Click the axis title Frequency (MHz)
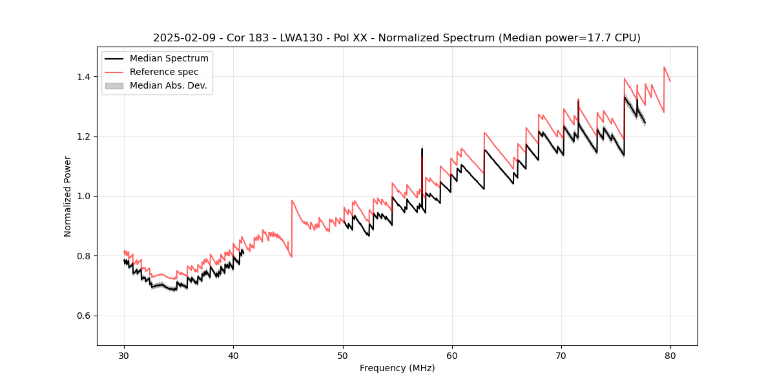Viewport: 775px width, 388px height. click(397, 368)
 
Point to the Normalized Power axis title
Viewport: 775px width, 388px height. click(68, 196)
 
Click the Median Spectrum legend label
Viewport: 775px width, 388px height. click(169, 59)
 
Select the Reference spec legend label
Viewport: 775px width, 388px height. click(164, 72)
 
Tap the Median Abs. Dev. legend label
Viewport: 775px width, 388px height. click(169, 85)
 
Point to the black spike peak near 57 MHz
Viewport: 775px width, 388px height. click(422, 149)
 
